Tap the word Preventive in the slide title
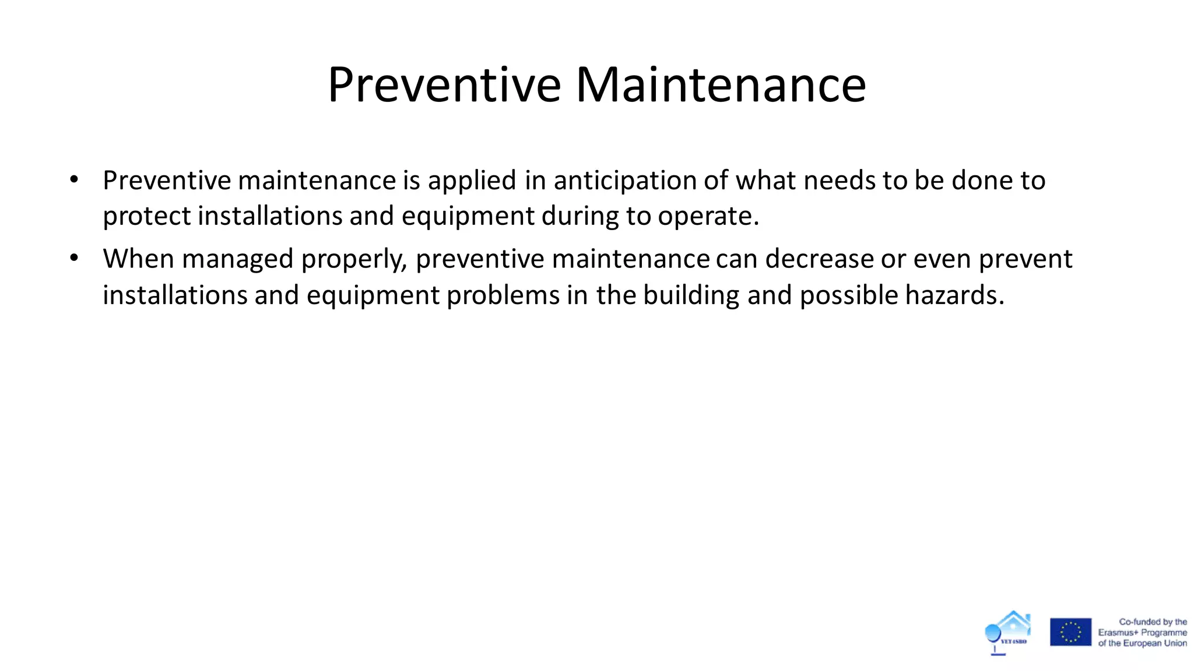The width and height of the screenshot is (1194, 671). pos(444,85)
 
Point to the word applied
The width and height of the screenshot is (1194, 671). pos(472,181)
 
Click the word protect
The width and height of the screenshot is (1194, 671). pos(147,216)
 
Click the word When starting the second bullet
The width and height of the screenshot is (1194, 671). pos(139,259)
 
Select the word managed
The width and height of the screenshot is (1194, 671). pos(237,260)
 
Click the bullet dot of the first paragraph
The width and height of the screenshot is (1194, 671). pos(73,180)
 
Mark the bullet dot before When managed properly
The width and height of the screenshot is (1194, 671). pos(73,258)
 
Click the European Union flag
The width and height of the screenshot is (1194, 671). pos(1070,632)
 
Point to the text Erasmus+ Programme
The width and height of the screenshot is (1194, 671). pos(1142,633)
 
